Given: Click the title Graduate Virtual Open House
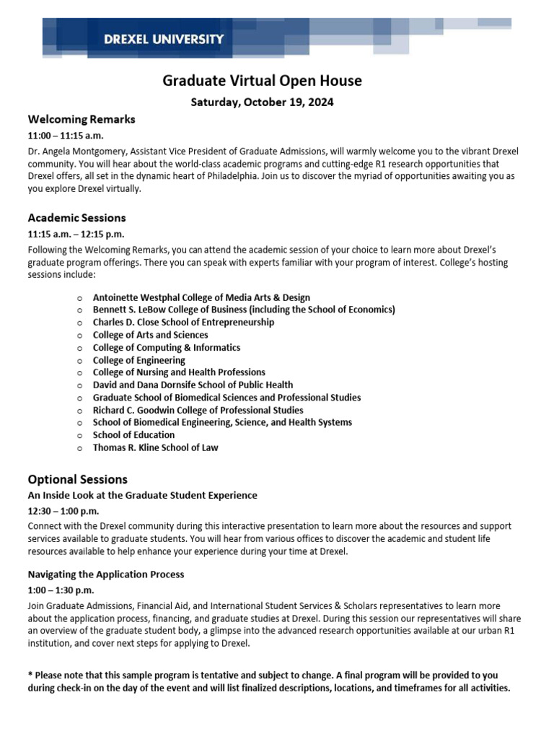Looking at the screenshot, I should pos(262,81).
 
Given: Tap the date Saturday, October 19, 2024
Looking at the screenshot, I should pos(262,102).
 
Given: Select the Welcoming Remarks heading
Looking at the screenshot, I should pos(82,119).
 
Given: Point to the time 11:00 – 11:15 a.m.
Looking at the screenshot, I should pos(69,136).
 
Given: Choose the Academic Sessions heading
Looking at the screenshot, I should pos(76,218).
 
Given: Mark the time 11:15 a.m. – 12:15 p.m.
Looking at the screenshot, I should pos(76,235).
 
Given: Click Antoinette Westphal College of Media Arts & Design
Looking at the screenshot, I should pos(201,297).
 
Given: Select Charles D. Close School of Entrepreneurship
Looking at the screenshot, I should pos(183,323).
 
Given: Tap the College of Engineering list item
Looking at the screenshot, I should pos(138,360).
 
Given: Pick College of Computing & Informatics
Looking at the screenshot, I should pos(167,348).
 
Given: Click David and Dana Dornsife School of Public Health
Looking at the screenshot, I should pos(193,385).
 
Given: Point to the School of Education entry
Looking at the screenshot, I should pos(133,435).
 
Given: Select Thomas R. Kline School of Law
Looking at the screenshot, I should pos(155,447).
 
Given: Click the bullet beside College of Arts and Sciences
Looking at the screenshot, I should pos(79,336).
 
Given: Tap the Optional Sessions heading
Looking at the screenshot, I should pos(77,479).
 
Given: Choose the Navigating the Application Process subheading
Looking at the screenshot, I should pos(106,574).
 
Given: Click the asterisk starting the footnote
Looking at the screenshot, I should pos(30,675).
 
